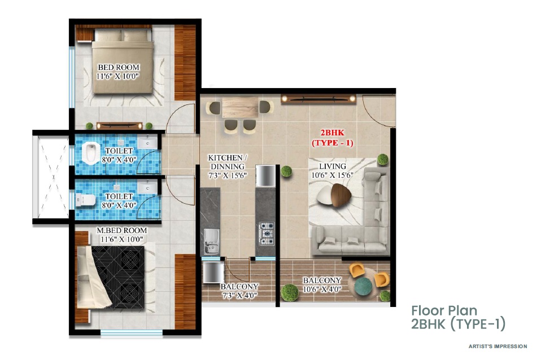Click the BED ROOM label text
tap(118, 67)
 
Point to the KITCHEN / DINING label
tap(226, 162)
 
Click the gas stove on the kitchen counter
tap(266, 231)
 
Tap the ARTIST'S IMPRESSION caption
tap(498, 346)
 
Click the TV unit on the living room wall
tap(319, 99)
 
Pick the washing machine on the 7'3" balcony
tap(212, 272)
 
